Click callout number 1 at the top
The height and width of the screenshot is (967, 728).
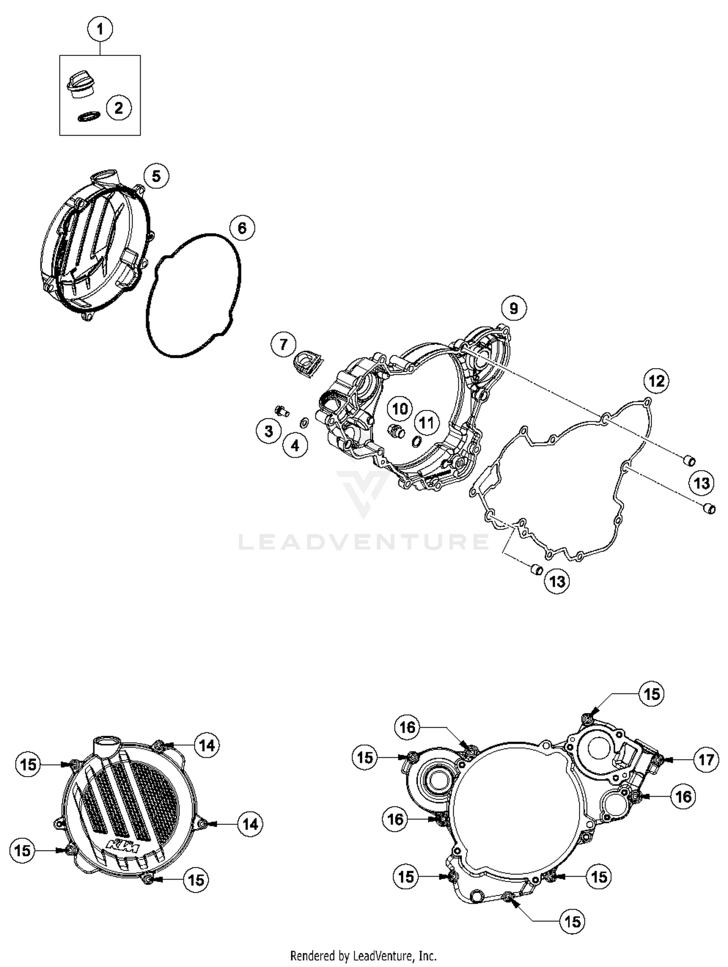[x=100, y=29]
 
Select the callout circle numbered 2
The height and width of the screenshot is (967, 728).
[x=119, y=108]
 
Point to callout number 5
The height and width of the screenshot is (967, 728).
[x=156, y=176]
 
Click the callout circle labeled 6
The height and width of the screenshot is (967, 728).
[x=242, y=228]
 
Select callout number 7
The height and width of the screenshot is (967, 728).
[x=283, y=344]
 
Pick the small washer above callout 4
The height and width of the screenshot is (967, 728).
[x=304, y=423]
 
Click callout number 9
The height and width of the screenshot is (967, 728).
[x=513, y=308]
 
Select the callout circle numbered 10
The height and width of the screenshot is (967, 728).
[x=400, y=408]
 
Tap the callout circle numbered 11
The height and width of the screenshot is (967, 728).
[x=426, y=423]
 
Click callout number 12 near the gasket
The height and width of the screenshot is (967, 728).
[x=656, y=381]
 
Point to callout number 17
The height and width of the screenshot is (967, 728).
[x=706, y=759]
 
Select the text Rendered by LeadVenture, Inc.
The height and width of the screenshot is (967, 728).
[x=363, y=956]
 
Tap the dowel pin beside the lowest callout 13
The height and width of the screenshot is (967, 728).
[x=536, y=569]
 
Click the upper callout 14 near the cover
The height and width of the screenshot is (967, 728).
[x=207, y=745]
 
